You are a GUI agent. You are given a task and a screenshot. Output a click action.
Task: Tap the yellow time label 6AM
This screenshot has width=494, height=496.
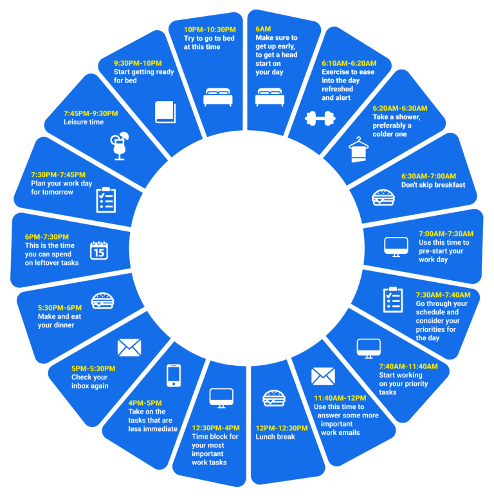[264, 30]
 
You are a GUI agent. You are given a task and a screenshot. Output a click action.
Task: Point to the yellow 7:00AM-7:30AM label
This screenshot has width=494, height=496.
[446, 233]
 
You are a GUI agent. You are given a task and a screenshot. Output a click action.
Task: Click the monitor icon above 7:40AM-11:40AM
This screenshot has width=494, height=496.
[369, 347]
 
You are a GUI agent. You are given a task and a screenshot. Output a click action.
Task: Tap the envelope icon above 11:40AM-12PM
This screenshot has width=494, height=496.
[323, 376]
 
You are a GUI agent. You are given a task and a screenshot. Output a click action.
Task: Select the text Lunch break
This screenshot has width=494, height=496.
[275, 437]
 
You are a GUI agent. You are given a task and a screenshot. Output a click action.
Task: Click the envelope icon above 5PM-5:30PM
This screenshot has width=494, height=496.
[129, 348]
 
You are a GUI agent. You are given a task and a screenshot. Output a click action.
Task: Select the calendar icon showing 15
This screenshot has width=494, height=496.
[98, 250]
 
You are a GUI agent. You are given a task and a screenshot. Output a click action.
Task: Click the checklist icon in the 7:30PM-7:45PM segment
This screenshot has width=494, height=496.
[105, 200]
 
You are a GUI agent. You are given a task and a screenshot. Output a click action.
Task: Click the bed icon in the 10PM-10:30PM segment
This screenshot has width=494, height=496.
[217, 97]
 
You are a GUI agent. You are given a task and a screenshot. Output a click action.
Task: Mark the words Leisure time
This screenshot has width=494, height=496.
[84, 122]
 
